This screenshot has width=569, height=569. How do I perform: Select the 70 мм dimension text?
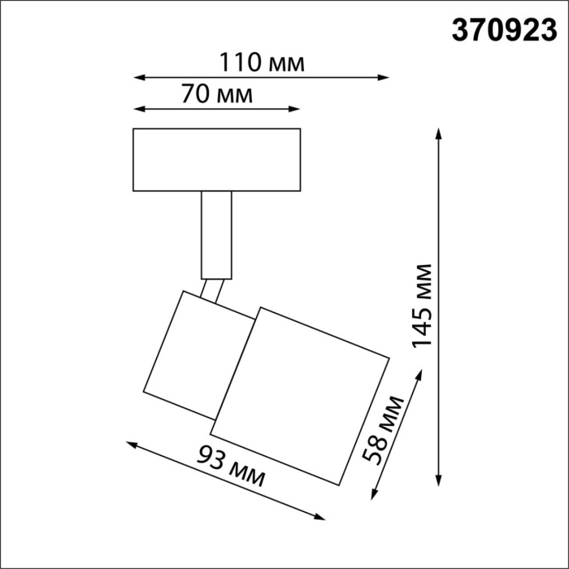tap(216, 94)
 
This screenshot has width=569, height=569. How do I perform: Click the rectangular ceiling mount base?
tap(217, 160)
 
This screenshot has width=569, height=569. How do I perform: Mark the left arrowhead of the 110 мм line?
tap(137, 78)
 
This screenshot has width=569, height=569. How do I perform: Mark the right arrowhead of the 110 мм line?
tap(385, 78)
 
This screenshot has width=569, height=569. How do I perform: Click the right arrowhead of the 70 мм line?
tap(297, 109)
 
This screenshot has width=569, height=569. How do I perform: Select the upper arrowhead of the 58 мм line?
tap(421, 373)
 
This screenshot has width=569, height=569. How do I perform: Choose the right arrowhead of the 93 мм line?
tap(321, 517)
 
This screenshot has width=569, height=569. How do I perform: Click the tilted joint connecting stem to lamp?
tap(212, 289)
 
